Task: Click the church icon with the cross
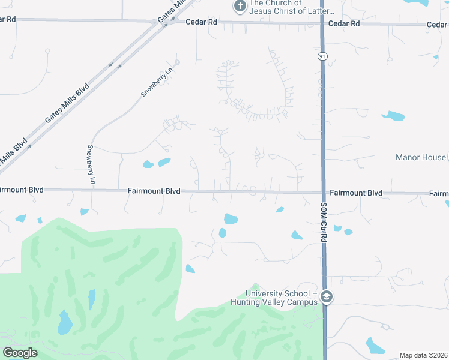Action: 240,7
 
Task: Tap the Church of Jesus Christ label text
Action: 283,7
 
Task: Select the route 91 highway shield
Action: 322,56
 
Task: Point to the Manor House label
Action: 421,157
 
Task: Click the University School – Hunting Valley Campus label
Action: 281,298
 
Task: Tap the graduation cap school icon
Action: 327,297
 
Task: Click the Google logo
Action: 20,353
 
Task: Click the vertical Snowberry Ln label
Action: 91,164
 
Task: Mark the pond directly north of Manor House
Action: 393,115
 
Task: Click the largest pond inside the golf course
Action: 65,323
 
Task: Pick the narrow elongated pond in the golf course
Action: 92,299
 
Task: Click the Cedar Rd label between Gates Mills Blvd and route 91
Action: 202,22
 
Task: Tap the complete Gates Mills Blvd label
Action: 67,104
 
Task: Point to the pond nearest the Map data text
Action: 375,346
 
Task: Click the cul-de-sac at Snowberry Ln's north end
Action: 177,62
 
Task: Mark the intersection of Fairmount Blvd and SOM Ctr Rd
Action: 323,193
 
